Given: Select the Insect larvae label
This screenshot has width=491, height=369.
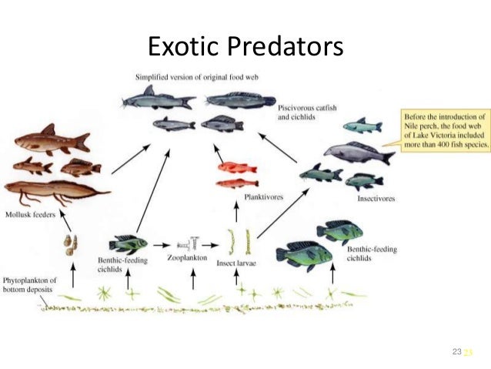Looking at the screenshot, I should click(240, 262).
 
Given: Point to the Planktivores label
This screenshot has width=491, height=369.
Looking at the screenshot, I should click(263, 197).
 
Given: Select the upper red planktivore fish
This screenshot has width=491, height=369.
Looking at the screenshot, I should click(236, 166).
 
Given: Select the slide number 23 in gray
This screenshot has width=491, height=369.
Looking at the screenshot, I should click(456, 351).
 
